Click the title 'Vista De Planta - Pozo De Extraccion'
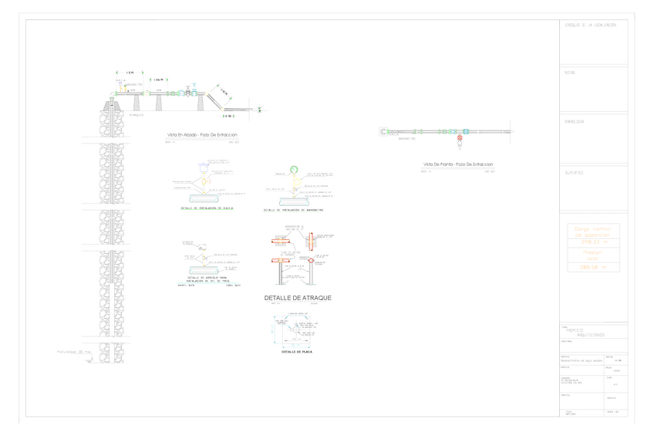coord(458,164)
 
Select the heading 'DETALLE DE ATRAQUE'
coord(298,298)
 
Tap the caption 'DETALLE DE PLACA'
coord(295,352)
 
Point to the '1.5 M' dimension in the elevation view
coord(129,73)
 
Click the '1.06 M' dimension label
coord(159,79)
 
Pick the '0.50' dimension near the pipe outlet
coord(229,115)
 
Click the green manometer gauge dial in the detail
coord(293,170)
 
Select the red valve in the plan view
coord(460,139)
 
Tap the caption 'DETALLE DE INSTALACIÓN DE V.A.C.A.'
coord(207,208)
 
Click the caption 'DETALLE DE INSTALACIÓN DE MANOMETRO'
coord(293,210)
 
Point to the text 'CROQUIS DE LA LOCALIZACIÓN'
coord(591,25)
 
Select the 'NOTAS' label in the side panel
coord(570,73)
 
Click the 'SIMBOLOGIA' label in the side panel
coord(575,122)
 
